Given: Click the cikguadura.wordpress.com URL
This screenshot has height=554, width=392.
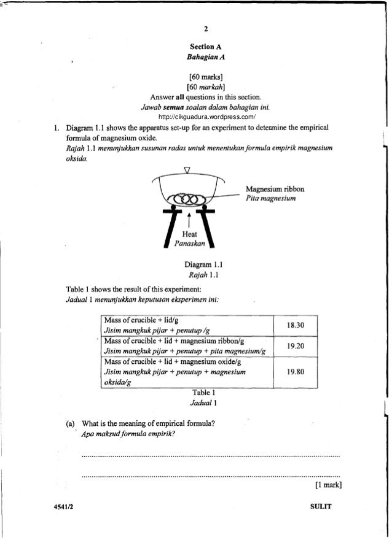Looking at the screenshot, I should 206,117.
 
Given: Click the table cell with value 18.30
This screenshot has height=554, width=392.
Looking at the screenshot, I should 294,325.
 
